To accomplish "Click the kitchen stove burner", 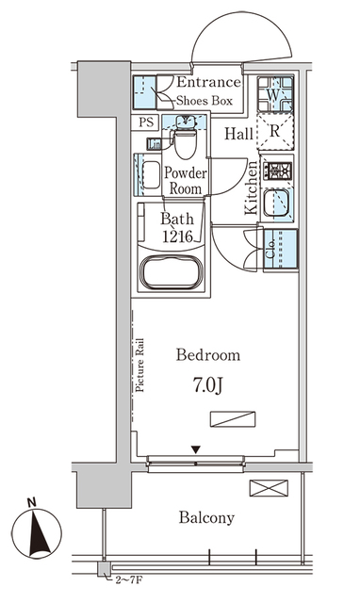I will (279, 171).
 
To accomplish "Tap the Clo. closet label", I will (270, 250).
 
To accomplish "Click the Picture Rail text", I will (139, 364).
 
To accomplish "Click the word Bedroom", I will (208, 355).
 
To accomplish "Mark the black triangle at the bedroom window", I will (196, 450).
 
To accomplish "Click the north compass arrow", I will (33, 533).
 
